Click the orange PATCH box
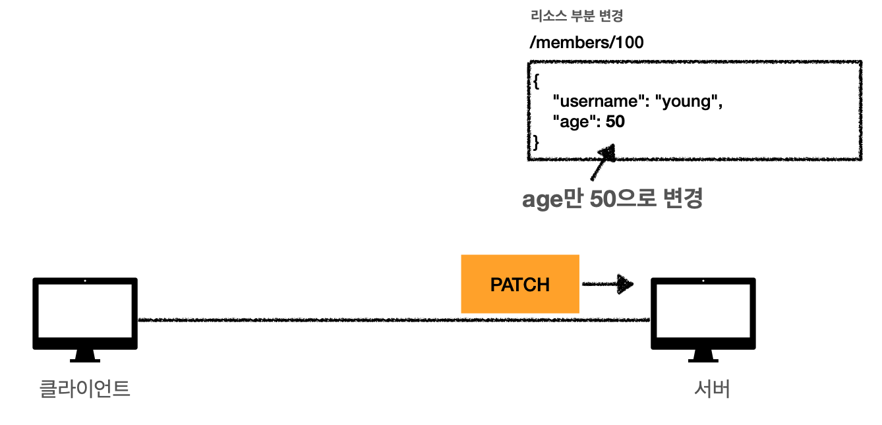(519, 284)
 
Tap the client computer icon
(85, 314)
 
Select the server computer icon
(703, 314)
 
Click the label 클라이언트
(85, 388)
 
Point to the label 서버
(712, 389)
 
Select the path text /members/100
(586, 43)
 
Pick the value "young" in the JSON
(688, 101)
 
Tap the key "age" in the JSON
(575, 122)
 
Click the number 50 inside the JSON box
(615, 122)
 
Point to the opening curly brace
(535, 82)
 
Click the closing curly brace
(535, 142)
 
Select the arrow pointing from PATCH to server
(606, 285)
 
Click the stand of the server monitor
(703, 355)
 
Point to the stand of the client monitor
(85, 355)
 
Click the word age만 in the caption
(552, 199)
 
